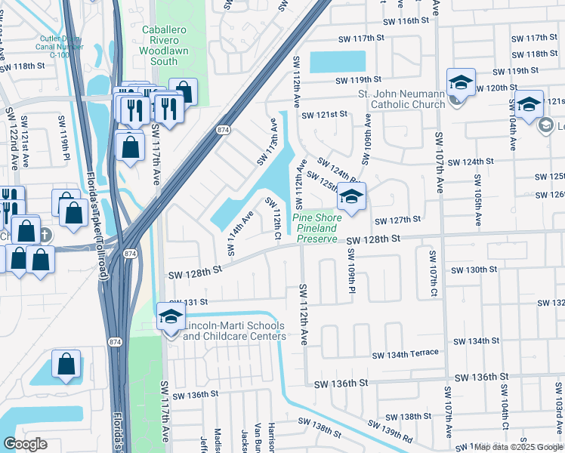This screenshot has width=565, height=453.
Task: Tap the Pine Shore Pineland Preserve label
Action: coord(318,228)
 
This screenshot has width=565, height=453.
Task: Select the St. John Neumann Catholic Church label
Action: coord(401,99)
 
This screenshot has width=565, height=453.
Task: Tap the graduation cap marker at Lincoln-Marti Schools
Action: coord(171,317)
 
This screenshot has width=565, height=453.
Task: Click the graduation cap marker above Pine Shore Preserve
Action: coord(351,197)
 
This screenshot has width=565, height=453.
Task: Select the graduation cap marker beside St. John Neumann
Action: coord(460,82)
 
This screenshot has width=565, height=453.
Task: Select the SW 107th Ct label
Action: coord(434,273)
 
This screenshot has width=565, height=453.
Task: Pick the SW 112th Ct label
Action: coord(273,219)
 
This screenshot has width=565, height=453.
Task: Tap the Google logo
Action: coord(25,444)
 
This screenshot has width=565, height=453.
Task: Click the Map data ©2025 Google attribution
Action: coord(518,447)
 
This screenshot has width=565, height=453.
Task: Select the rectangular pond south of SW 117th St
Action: coord(338,61)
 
